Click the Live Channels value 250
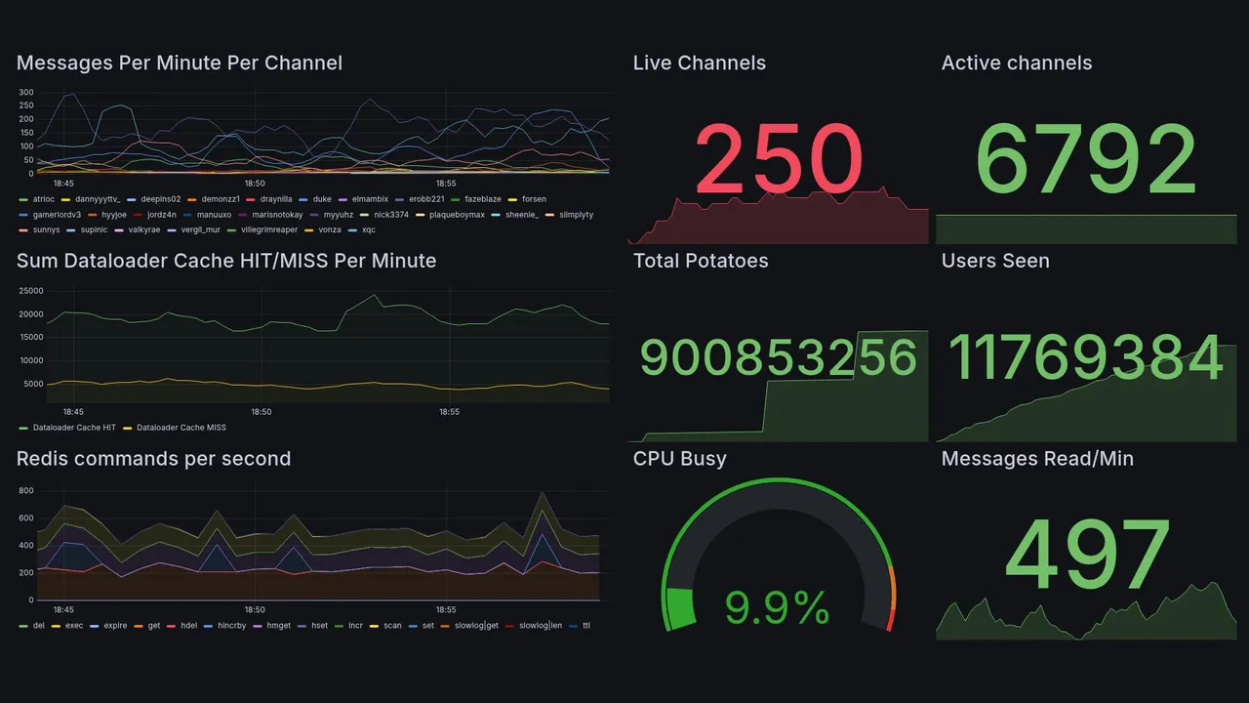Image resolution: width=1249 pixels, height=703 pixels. pyautogui.click(x=779, y=159)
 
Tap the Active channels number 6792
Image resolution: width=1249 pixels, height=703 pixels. pyautogui.click(x=1086, y=159)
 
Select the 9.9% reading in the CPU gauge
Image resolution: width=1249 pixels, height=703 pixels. pyautogui.click(x=777, y=608)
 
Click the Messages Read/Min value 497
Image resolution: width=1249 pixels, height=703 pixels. pyautogui.click(x=1086, y=556)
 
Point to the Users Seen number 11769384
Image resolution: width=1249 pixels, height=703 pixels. pyautogui.click(x=1086, y=357)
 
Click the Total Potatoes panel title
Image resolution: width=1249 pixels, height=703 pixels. pyautogui.click(x=700, y=261)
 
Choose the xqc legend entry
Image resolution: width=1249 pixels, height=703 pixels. pyautogui.click(x=368, y=230)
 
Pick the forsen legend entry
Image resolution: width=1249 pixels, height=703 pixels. pyautogui.click(x=534, y=199)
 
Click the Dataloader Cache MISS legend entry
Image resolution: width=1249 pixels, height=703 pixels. pyautogui.click(x=181, y=428)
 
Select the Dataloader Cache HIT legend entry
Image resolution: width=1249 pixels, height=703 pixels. pyautogui.click(x=74, y=428)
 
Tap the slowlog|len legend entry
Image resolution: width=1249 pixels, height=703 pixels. pyautogui.click(x=540, y=626)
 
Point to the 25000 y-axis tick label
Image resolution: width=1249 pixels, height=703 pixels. pyautogui.click(x=30, y=291)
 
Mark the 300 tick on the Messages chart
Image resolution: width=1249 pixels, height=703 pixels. pyautogui.click(x=25, y=93)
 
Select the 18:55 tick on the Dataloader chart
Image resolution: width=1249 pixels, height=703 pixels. pyautogui.click(x=449, y=412)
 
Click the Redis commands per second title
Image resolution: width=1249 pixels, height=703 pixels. pyautogui.click(x=153, y=459)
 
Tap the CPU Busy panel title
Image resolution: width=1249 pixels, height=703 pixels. pyautogui.click(x=679, y=459)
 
